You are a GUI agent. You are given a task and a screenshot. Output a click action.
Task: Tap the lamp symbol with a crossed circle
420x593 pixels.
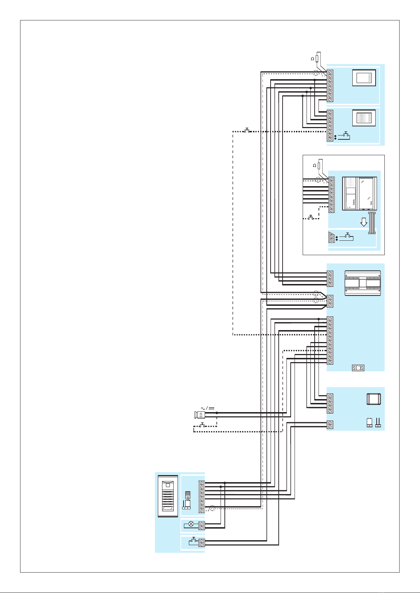191,524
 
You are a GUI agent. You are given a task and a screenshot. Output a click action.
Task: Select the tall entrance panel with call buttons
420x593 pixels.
168,496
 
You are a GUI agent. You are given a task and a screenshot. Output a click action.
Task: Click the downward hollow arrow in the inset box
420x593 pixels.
364,222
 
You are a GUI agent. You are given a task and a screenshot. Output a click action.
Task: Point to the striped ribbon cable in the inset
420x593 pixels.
372,223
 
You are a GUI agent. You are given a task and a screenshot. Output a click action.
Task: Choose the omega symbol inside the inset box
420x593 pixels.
314,165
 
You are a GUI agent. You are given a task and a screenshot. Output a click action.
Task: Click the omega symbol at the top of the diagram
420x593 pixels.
312,59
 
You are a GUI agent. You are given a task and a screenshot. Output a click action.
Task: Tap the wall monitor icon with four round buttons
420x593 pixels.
364,78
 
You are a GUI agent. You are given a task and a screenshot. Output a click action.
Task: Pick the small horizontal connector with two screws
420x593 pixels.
358,368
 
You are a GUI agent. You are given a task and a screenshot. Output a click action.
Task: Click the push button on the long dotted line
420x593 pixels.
247,131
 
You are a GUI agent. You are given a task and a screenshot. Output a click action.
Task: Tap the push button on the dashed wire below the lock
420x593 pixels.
202,425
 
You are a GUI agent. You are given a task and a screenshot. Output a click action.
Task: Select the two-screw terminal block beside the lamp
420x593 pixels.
202,526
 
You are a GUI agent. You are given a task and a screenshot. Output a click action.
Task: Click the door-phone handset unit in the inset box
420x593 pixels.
359,194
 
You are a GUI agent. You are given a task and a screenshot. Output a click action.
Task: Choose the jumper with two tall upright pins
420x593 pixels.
378,423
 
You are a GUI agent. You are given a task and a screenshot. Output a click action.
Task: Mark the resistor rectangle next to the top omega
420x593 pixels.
317,58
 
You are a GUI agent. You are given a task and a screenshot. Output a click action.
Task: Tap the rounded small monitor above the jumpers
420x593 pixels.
373,399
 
